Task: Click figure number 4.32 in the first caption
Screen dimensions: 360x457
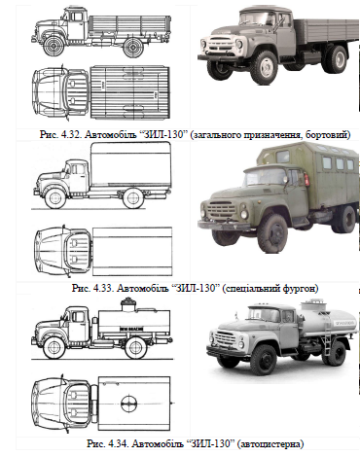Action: (x=71, y=135)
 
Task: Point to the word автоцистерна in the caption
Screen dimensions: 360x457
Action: (x=270, y=443)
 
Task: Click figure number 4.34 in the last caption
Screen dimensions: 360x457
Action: (x=119, y=443)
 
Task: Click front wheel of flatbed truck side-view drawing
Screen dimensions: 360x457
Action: (x=54, y=46)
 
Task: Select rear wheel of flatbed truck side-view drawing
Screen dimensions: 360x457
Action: (x=133, y=47)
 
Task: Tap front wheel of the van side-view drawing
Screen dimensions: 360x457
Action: (x=54, y=198)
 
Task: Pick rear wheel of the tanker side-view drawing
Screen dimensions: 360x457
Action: (x=135, y=348)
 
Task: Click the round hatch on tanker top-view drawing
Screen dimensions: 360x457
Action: (x=128, y=404)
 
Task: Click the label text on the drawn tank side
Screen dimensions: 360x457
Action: (x=131, y=329)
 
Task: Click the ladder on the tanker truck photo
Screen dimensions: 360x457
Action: (x=327, y=335)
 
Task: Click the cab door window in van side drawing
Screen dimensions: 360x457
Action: (x=78, y=169)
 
